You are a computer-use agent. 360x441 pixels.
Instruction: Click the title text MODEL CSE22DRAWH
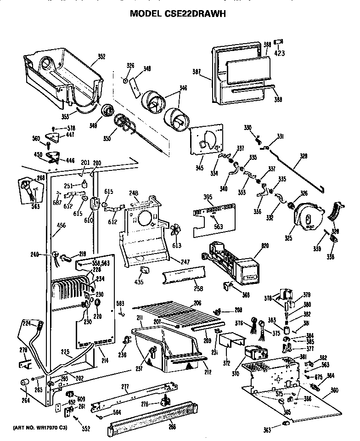pyautogui.click(x=178, y=14)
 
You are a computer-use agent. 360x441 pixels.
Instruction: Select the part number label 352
pyautogui.click(x=101, y=57)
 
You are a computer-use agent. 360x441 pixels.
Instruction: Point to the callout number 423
pyautogui.click(x=279, y=53)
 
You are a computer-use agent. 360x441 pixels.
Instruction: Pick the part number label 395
pyautogui.click(x=208, y=197)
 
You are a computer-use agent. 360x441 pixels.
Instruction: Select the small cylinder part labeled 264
pyautogui.click(x=24, y=382)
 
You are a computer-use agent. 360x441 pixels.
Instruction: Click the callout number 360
pyautogui.click(x=334, y=390)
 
